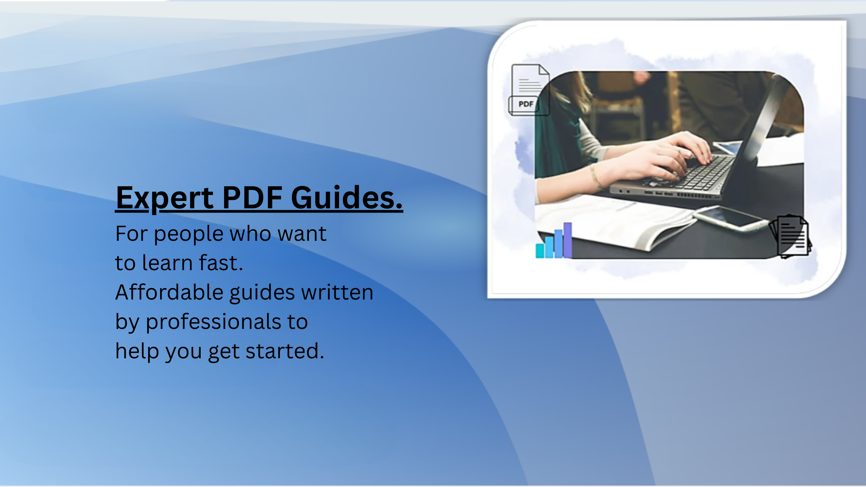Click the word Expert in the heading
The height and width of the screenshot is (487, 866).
tap(165, 198)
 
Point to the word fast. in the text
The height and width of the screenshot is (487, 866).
tap(221, 263)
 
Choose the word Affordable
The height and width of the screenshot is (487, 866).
tap(169, 292)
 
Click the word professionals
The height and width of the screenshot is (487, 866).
tap(213, 322)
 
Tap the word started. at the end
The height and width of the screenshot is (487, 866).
tap(285, 351)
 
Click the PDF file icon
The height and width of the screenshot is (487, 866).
tap(528, 90)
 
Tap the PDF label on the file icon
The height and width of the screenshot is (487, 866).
tap(526, 104)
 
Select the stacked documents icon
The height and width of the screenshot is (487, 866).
tap(790, 237)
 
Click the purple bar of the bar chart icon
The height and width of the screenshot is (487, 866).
tap(568, 240)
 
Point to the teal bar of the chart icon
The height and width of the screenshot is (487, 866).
tap(540, 251)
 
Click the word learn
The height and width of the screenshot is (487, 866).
tap(167, 263)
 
